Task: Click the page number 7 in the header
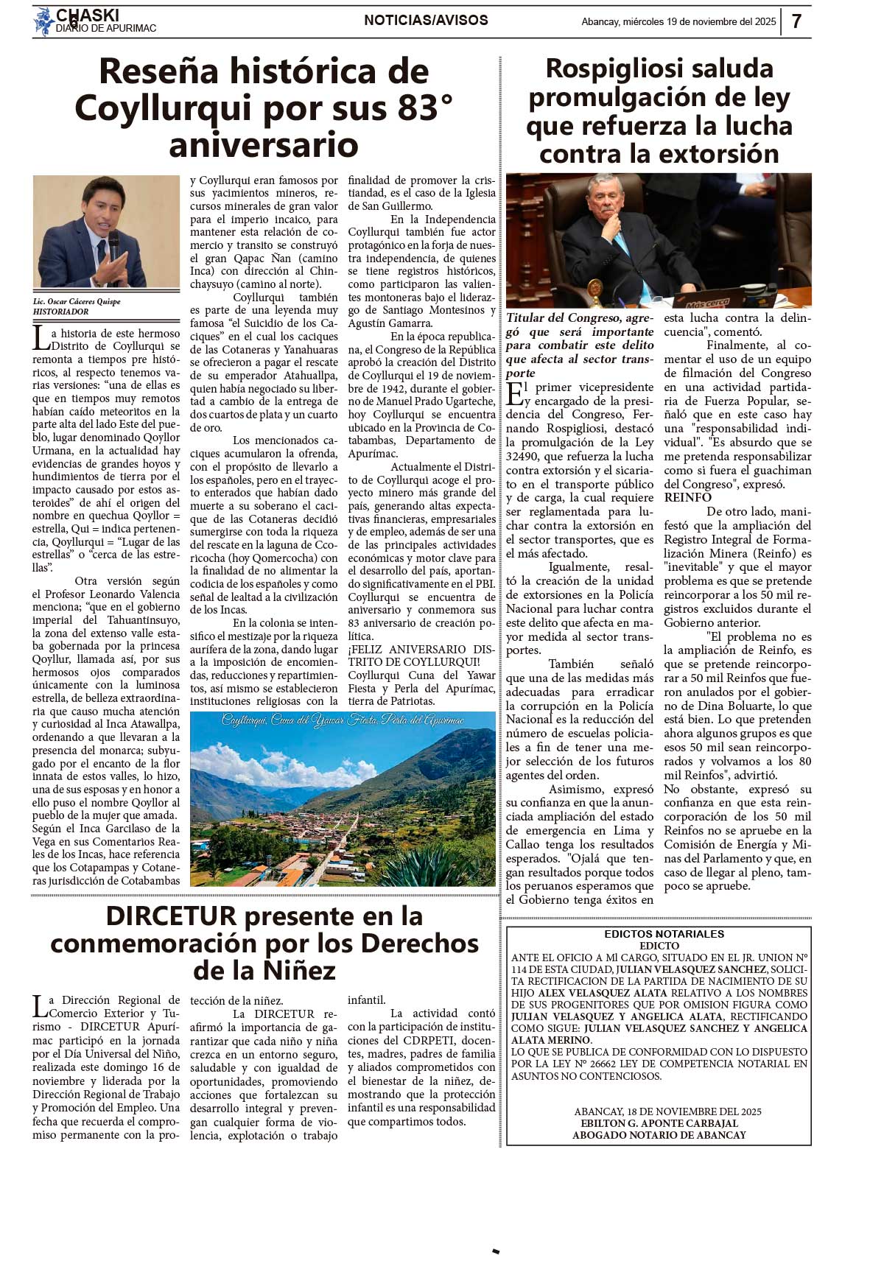pos(796,21)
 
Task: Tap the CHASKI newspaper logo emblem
pos(43,21)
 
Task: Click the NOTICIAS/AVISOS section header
pos(426,21)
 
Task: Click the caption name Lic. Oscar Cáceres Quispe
pos(77,301)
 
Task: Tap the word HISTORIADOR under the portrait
pos(60,312)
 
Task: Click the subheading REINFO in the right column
pos(687,498)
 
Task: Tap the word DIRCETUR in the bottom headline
pos(171,916)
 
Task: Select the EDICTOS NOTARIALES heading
pos(664,934)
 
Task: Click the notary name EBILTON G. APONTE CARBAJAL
pos(659,1123)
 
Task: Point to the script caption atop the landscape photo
pos(343,720)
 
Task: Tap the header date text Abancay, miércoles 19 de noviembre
pos(678,22)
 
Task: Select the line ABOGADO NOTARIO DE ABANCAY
pos(659,1135)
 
